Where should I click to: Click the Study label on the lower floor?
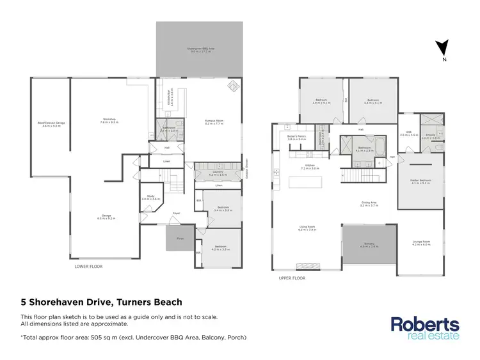click(x=150, y=198)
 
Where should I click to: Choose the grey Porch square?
click(x=175, y=239)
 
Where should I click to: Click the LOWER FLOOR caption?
click(x=88, y=267)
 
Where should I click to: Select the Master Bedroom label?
click(x=420, y=181)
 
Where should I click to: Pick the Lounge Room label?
click(x=420, y=242)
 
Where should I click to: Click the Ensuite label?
click(x=428, y=136)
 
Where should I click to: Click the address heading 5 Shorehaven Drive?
click(x=101, y=302)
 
